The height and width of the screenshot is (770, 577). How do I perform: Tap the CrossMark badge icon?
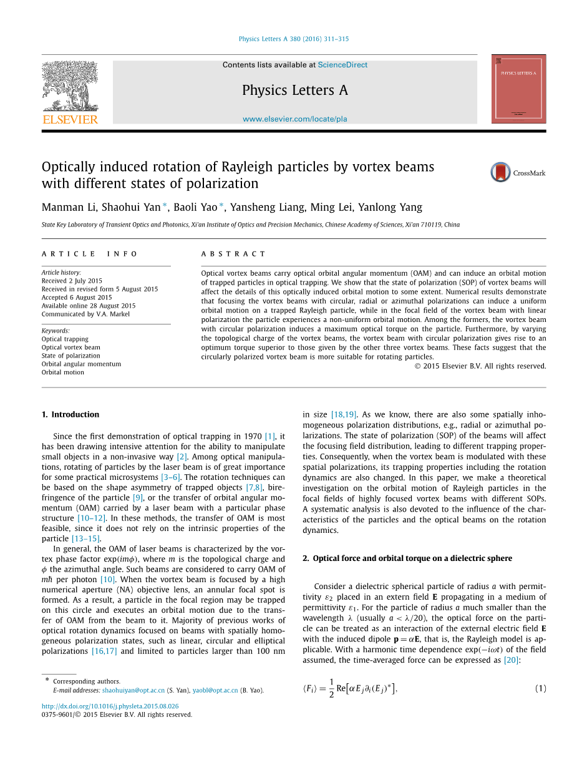[500, 172]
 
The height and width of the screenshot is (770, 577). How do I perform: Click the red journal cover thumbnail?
[518, 89]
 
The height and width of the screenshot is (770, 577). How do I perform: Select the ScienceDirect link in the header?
[342, 65]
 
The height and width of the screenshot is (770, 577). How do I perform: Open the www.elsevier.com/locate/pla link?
[294, 119]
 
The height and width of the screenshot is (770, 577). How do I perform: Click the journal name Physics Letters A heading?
[294, 90]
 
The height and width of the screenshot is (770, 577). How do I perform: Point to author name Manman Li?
[65, 208]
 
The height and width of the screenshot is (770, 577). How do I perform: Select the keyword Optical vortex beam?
[70, 348]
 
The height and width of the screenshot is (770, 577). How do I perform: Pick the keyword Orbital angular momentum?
[81, 364]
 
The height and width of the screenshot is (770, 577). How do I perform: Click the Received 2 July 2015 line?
[72, 281]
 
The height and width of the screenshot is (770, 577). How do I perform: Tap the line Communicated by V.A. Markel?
[85, 314]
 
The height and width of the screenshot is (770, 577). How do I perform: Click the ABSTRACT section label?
[233, 254]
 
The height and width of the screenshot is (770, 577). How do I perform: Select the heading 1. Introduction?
[70, 414]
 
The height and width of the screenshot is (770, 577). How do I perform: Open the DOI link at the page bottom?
[110, 706]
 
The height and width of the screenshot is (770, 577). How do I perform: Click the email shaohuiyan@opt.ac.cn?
[133, 691]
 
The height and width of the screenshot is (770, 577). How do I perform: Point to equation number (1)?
[540, 688]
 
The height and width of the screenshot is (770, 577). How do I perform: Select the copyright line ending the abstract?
[480, 366]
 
